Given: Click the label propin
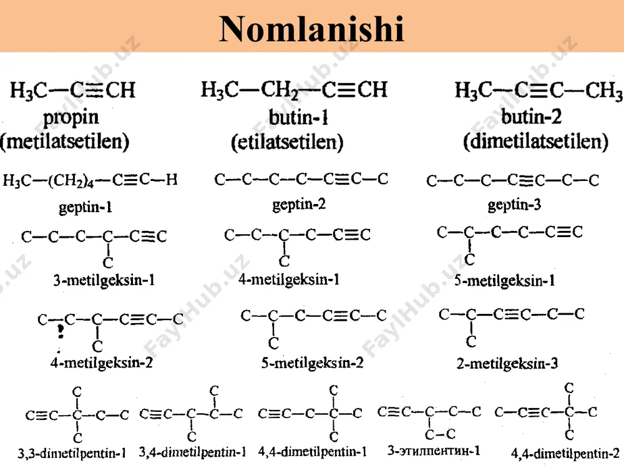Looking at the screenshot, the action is click(x=71, y=118).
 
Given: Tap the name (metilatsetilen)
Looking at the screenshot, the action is click(x=65, y=141).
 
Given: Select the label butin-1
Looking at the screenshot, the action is click(x=298, y=117).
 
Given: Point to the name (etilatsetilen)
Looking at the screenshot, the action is click(x=287, y=142).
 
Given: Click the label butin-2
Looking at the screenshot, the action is click(x=531, y=117).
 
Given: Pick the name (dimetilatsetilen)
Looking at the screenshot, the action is click(x=535, y=141).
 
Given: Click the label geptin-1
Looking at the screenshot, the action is click(x=85, y=207).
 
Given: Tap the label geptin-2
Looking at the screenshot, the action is click(x=299, y=205).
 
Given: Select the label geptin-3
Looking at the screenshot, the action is click(x=514, y=205).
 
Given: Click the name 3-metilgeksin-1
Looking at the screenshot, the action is click(x=104, y=280).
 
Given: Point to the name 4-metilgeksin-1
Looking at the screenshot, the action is click(x=289, y=280).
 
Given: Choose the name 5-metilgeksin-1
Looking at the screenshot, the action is click(x=504, y=281).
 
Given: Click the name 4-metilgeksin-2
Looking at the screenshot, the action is click(x=102, y=363).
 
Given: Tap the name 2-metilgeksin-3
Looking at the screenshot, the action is click(x=507, y=363).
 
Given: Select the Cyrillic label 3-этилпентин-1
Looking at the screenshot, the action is click(x=434, y=451).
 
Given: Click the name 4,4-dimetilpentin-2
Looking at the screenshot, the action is click(x=565, y=453).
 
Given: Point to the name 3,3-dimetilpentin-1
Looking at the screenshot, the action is click(x=72, y=453).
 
